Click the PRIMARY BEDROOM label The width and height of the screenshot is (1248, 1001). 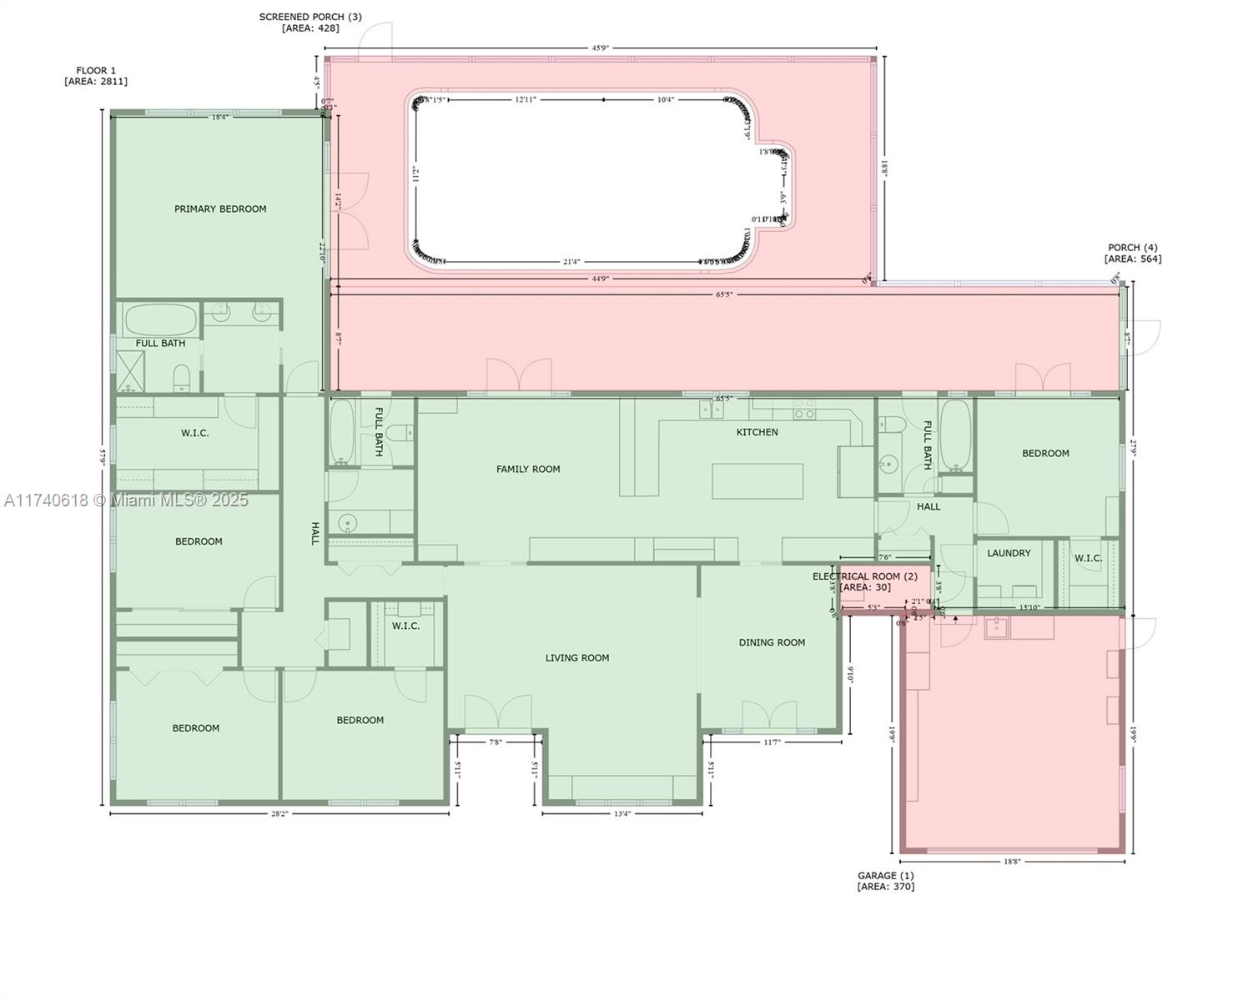(x=220, y=209)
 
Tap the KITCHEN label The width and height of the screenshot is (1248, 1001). (x=757, y=432)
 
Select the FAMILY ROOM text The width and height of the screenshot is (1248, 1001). (x=528, y=469)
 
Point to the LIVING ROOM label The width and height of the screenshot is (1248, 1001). (x=577, y=657)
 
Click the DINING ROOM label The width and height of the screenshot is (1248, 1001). (x=772, y=642)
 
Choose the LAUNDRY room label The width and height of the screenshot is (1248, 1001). (x=1009, y=553)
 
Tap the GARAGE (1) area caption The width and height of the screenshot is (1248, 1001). (x=885, y=881)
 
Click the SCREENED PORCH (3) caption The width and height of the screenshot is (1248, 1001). (x=310, y=22)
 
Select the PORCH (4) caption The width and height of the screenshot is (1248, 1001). (x=1132, y=253)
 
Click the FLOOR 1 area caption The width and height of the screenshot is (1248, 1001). (x=96, y=76)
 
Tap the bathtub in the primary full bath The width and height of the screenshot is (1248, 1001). (x=161, y=319)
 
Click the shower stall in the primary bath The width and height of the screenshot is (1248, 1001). (x=130, y=371)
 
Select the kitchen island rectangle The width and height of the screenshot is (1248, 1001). (x=757, y=481)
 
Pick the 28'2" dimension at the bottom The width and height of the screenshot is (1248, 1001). (x=279, y=813)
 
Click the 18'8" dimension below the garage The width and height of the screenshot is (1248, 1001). (x=1012, y=862)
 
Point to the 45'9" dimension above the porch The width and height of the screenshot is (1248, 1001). (x=600, y=48)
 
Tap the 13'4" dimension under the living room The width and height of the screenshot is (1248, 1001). (x=622, y=813)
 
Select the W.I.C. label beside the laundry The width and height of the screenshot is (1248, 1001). (x=1088, y=558)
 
